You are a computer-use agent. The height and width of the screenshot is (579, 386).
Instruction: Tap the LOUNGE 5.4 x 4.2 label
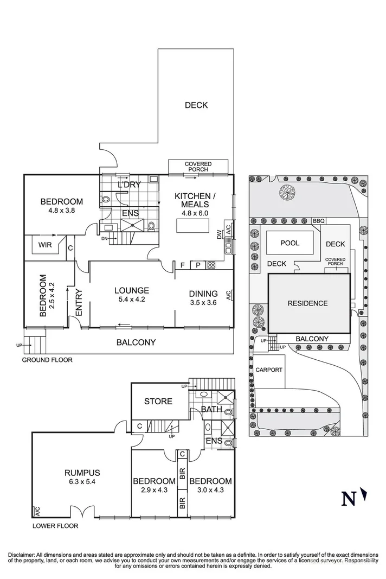pyautogui.click(x=131, y=295)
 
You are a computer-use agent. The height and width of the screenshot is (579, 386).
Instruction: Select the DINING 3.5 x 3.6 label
pyautogui.click(x=203, y=298)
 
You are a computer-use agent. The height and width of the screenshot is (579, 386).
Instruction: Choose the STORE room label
pyautogui.click(x=158, y=402)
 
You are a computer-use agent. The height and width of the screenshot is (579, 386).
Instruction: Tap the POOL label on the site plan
pyautogui.click(x=289, y=243)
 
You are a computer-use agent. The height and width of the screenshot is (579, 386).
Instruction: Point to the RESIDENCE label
pyautogui.click(x=307, y=303)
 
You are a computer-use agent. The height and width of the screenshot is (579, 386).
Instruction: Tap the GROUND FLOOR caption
pyautogui.click(x=47, y=360)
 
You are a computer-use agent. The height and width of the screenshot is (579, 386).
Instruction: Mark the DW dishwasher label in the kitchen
pyautogui.click(x=220, y=235)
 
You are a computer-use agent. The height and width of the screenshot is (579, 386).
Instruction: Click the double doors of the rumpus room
pyautogui.click(x=80, y=512)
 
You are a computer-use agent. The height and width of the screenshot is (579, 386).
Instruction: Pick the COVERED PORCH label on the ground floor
pyautogui.click(x=198, y=167)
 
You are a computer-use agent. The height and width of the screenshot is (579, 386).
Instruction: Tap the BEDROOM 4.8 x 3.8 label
pyautogui.click(x=62, y=206)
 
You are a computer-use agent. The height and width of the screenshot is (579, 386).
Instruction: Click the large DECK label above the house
pyautogui.click(x=196, y=105)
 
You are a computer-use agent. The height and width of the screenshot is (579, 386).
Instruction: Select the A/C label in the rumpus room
pyautogui.click(x=37, y=511)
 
